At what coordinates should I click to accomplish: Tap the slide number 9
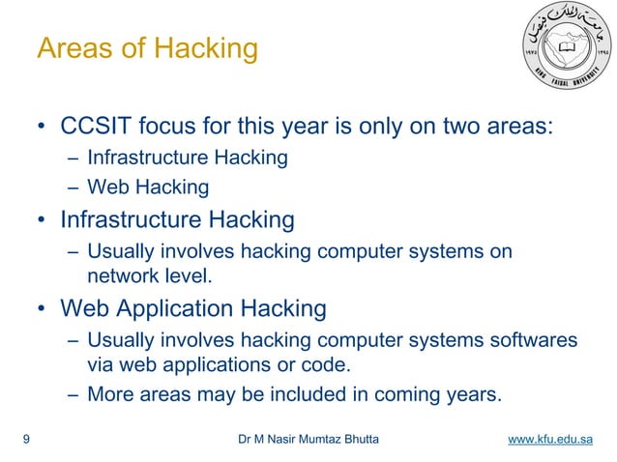pyautogui.click(x=25, y=441)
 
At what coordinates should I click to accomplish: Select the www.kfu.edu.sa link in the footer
pyautogui.click(x=550, y=441)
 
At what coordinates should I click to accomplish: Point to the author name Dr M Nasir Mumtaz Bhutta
pyautogui.click(x=308, y=441)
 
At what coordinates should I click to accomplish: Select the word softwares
pyautogui.click(x=529, y=340)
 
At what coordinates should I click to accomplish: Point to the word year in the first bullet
pyautogui.click(x=303, y=128)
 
